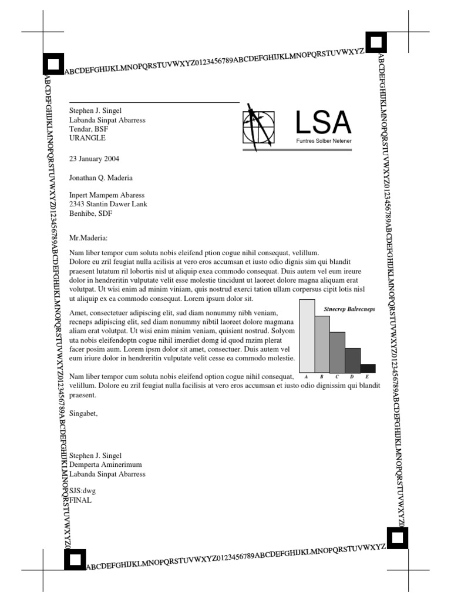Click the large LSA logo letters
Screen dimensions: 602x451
click(323, 122)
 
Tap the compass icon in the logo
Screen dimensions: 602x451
click(258, 126)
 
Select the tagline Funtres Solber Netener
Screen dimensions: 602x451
click(324, 142)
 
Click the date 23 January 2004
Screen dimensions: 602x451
click(94, 159)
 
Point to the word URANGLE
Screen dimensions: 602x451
click(87, 138)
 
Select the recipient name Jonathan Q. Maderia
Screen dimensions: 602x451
click(101, 178)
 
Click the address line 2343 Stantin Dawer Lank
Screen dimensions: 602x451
click(108, 205)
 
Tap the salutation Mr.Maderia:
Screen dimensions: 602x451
click(89, 238)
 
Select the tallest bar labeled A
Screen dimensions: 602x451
click(307, 336)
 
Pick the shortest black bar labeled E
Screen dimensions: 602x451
click(368, 369)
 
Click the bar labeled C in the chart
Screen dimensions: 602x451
click(337, 352)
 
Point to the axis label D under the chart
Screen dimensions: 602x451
click(352, 376)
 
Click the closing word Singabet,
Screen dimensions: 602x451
click(83, 413)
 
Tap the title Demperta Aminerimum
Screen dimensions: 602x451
click(106, 464)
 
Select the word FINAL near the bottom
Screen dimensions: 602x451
click(80, 500)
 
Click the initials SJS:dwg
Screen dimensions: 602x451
click(82, 491)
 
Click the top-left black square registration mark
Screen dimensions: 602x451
click(53, 63)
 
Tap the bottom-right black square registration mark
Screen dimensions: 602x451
click(397, 537)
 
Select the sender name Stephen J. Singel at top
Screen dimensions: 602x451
click(96, 111)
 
